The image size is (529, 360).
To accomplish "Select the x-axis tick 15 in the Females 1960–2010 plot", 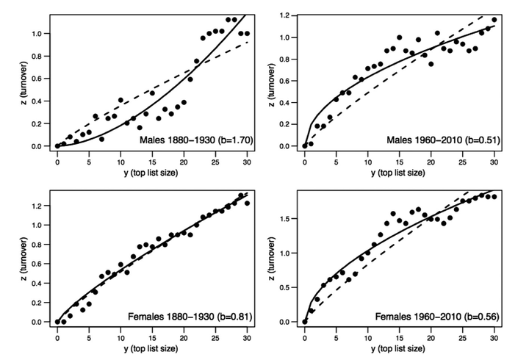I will pos(399,336).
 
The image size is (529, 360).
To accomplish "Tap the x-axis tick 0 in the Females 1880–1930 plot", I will pos(57,336).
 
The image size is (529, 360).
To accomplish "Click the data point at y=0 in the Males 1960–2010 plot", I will pos(305,145).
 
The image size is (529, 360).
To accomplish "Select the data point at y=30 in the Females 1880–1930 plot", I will pos(247,203).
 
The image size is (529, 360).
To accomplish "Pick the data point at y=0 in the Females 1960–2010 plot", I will pos(305,321).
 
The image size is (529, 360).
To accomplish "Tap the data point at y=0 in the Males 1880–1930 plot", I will pos(57,145).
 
